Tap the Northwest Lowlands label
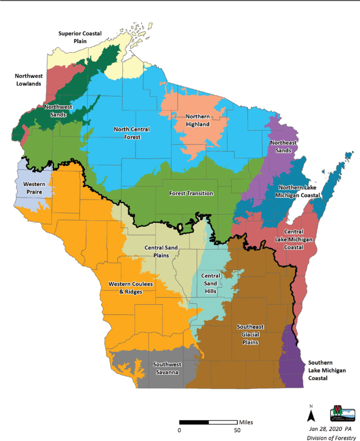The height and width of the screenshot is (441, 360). click(28, 80)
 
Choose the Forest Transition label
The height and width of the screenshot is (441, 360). click(191, 193)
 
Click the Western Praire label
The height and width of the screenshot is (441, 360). click(34, 188)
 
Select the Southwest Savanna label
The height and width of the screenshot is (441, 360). click(167, 368)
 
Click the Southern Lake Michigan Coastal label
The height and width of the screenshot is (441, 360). click(326, 370)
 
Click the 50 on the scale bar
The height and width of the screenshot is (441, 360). click(237, 430)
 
